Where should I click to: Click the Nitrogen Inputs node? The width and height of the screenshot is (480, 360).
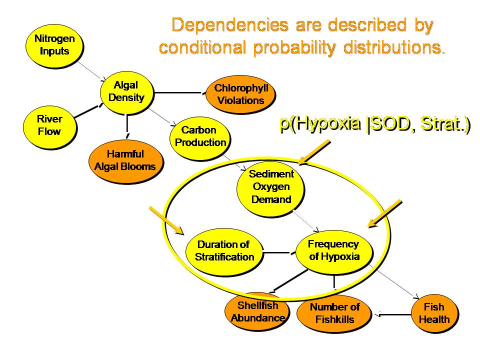(x=54, y=44)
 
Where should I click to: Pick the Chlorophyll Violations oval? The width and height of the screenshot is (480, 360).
(x=240, y=94)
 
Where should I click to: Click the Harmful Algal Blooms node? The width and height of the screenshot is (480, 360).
(x=124, y=160)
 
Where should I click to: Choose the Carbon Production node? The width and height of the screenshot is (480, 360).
(x=199, y=136)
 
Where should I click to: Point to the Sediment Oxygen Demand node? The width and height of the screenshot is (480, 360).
(x=271, y=187)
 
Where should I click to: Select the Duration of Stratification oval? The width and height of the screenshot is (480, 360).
(x=224, y=250)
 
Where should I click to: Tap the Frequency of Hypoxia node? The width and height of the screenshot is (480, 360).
(x=333, y=250)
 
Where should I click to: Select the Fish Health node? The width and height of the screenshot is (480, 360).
(x=433, y=313)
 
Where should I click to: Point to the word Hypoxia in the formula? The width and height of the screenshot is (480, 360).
(x=327, y=124)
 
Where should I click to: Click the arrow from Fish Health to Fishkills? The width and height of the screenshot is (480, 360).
(x=395, y=314)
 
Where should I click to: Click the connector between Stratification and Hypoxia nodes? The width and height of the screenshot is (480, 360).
(x=277, y=252)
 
